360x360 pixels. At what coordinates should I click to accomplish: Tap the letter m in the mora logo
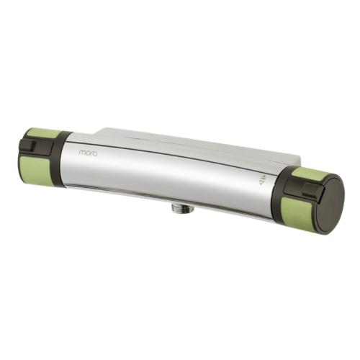[81, 153]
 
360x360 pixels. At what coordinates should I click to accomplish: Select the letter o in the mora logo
[86, 153]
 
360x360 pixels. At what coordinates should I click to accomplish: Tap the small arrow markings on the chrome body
[263, 179]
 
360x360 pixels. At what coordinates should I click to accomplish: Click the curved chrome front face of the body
[173, 180]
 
